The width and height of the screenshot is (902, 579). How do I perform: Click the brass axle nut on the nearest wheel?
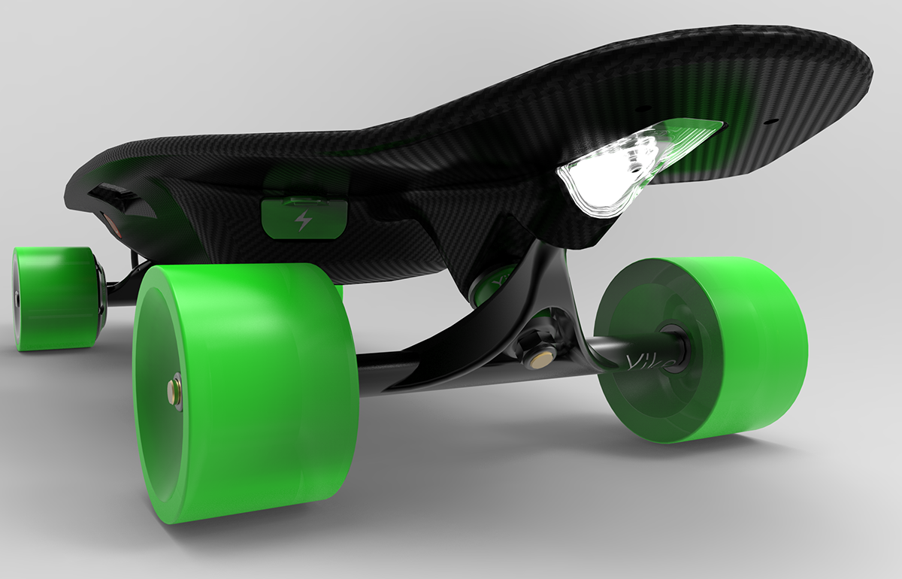(174, 393)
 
